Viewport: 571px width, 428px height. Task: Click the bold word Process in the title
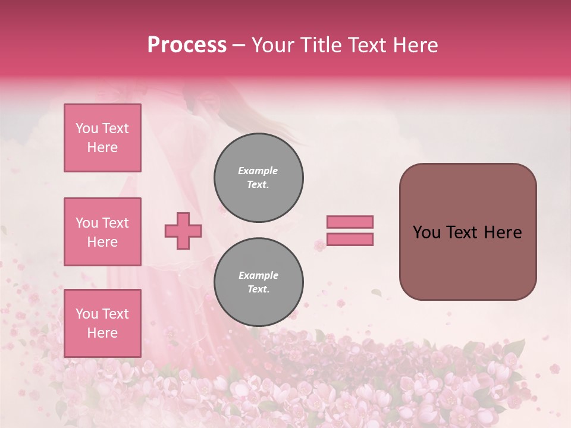(x=187, y=45)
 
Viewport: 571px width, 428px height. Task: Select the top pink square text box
(x=102, y=138)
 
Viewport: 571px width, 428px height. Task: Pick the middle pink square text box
(x=102, y=232)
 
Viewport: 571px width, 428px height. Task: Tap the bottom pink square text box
(x=102, y=323)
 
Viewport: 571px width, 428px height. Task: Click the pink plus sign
(x=183, y=231)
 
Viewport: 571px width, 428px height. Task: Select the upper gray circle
(x=259, y=177)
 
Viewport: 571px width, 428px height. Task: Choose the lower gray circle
(x=259, y=282)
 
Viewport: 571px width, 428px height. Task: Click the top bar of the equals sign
(x=350, y=222)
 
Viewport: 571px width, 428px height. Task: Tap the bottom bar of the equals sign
(x=350, y=239)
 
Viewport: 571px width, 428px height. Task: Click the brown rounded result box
(x=468, y=232)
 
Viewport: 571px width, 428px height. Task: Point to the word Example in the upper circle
(x=258, y=171)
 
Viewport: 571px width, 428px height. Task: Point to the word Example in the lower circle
(x=258, y=275)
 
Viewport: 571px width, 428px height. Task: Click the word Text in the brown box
(x=462, y=232)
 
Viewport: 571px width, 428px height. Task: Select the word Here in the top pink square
(x=102, y=147)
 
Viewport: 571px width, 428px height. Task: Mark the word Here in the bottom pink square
(x=102, y=333)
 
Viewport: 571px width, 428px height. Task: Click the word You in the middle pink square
(x=86, y=223)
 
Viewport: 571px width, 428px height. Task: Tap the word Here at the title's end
(x=415, y=45)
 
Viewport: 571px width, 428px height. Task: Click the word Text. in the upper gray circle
(x=258, y=184)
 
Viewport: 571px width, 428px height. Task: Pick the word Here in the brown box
(x=503, y=232)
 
